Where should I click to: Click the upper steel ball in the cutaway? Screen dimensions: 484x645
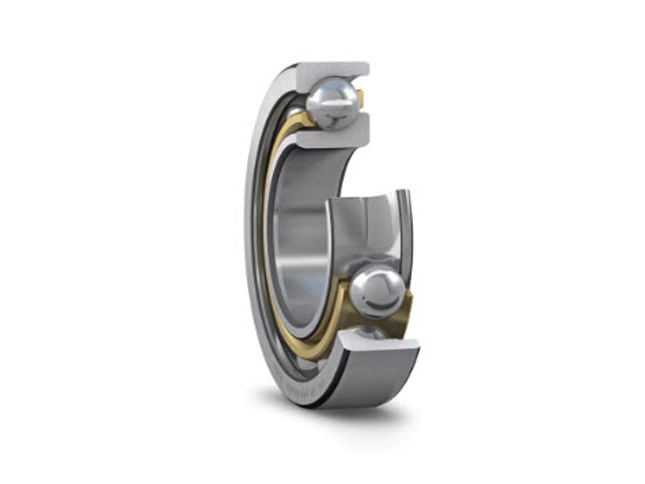[333, 102]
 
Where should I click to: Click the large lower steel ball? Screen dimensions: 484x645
[377, 291]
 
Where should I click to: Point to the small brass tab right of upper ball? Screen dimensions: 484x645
[360, 98]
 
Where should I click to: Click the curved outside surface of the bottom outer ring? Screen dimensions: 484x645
[372, 378]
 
